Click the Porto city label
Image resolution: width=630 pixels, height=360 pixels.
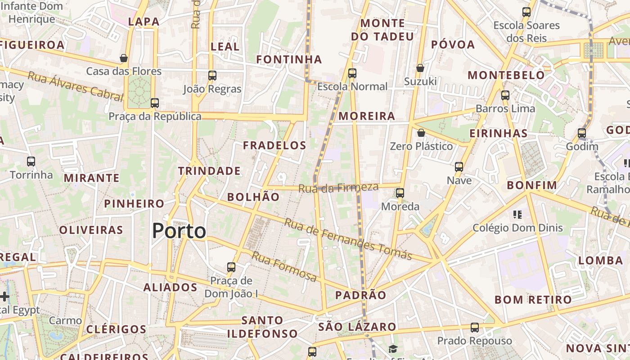[179, 231]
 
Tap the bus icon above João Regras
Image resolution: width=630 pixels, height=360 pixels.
[212, 76]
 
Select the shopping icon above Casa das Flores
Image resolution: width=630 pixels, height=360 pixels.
[124, 58]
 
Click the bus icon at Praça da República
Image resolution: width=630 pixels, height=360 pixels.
[155, 103]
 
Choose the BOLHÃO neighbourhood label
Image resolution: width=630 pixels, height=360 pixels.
[253, 197]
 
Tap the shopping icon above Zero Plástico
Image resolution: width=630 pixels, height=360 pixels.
[421, 133]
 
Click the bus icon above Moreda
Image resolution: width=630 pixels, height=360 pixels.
[400, 193]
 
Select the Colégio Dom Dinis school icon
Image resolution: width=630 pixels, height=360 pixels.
[517, 214]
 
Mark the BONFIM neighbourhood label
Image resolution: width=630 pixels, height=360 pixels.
[532, 185]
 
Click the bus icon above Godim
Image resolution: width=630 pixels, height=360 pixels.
[582, 133]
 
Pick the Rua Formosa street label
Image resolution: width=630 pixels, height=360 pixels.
[284, 266]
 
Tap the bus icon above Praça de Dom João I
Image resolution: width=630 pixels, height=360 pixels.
[231, 267]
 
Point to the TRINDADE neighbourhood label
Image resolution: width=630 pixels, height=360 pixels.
[209, 171]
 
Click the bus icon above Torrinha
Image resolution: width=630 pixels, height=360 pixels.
[31, 161]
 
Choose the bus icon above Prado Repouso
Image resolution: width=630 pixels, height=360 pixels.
[475, 328]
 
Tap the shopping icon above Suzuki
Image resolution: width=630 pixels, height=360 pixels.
[420, 68]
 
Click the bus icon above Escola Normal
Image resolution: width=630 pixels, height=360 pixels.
[352, 73]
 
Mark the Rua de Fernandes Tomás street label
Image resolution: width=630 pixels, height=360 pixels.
[348, 239]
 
